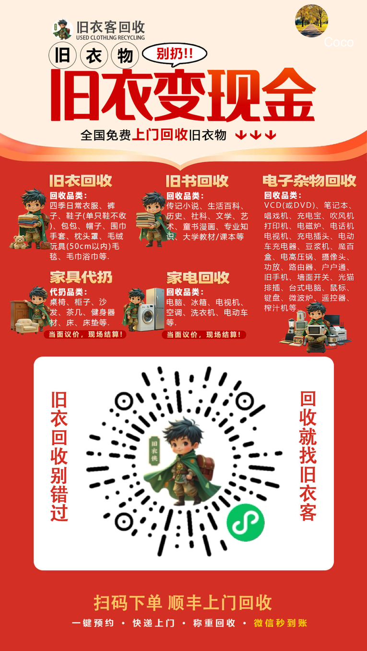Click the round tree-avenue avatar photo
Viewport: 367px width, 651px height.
311,21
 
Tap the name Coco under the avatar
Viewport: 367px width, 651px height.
339,43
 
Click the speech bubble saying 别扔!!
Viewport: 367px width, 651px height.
175,54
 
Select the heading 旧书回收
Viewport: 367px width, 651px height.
197,181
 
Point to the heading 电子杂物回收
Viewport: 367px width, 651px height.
309,181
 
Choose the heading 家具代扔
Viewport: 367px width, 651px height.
81,277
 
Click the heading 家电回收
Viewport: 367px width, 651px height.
198,278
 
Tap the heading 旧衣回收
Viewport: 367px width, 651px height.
81,181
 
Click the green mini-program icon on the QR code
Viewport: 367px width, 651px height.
246,522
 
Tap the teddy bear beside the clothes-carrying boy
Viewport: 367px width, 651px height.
19,242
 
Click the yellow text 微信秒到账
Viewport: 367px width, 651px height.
281,623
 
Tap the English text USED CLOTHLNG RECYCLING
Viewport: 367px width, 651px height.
110,37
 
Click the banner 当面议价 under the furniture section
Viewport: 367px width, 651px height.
85,334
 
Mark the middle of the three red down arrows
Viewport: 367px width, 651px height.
256,135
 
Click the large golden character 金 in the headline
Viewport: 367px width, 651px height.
288,95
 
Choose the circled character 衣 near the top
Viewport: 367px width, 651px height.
94,56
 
